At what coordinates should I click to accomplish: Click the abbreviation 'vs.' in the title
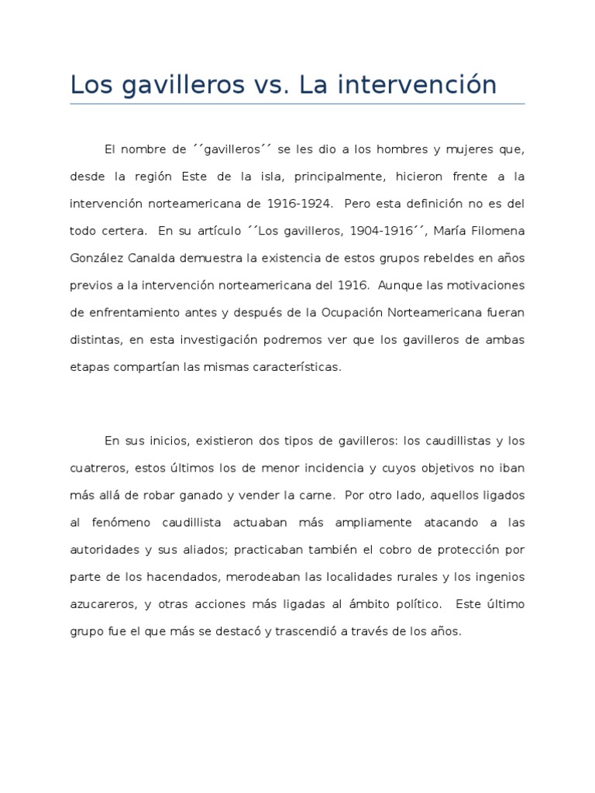click(x=273, y=84)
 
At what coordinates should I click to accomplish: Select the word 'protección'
click(x=467, y=550)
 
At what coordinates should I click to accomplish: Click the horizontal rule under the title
click(x=297, y=105)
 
